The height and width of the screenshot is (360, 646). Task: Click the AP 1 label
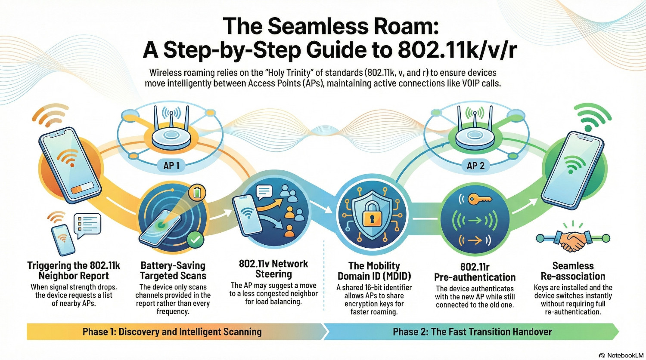(x=171, y=166)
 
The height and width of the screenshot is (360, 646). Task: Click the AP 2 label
(x=475, y=166)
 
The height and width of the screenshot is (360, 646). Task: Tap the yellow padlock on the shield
(x=372, y=217)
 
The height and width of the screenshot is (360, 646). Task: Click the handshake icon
(x=572, y=240)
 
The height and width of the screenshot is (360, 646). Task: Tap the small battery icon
(x=197, y=193)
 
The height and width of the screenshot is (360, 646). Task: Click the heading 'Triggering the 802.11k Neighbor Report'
(x=74, y=271)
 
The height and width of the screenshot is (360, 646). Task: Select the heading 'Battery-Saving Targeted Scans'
(x=173, y=271)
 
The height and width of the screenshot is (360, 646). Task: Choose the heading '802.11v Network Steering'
(x=273, y=269)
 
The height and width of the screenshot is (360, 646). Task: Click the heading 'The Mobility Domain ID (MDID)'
(x=374, y=271)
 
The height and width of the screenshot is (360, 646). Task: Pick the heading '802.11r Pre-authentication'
(x=475, y=272)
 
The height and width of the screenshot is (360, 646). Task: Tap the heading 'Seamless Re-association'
(x=573, y=271)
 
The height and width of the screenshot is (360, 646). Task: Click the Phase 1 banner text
(x=172, y=332)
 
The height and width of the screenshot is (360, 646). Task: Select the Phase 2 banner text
(x=472, y=332)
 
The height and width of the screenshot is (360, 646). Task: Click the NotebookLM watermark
(x=621, y=355)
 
